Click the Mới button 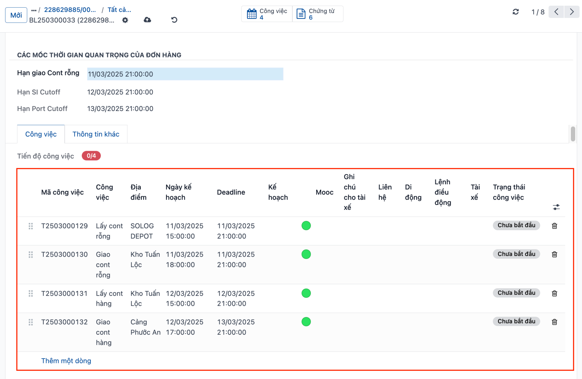16,15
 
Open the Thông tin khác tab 96,134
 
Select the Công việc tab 41,134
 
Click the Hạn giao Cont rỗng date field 185,74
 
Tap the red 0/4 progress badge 91,156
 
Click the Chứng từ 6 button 317,14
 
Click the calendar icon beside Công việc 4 252,14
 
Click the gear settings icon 125,20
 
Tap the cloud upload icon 147,20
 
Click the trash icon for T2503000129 554,226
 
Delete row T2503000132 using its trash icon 554,322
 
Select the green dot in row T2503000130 306,254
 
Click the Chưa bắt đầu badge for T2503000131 516,293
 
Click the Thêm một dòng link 66,361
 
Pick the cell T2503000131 64,294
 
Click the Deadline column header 231,192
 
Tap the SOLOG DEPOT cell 142,231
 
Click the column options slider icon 556,207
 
